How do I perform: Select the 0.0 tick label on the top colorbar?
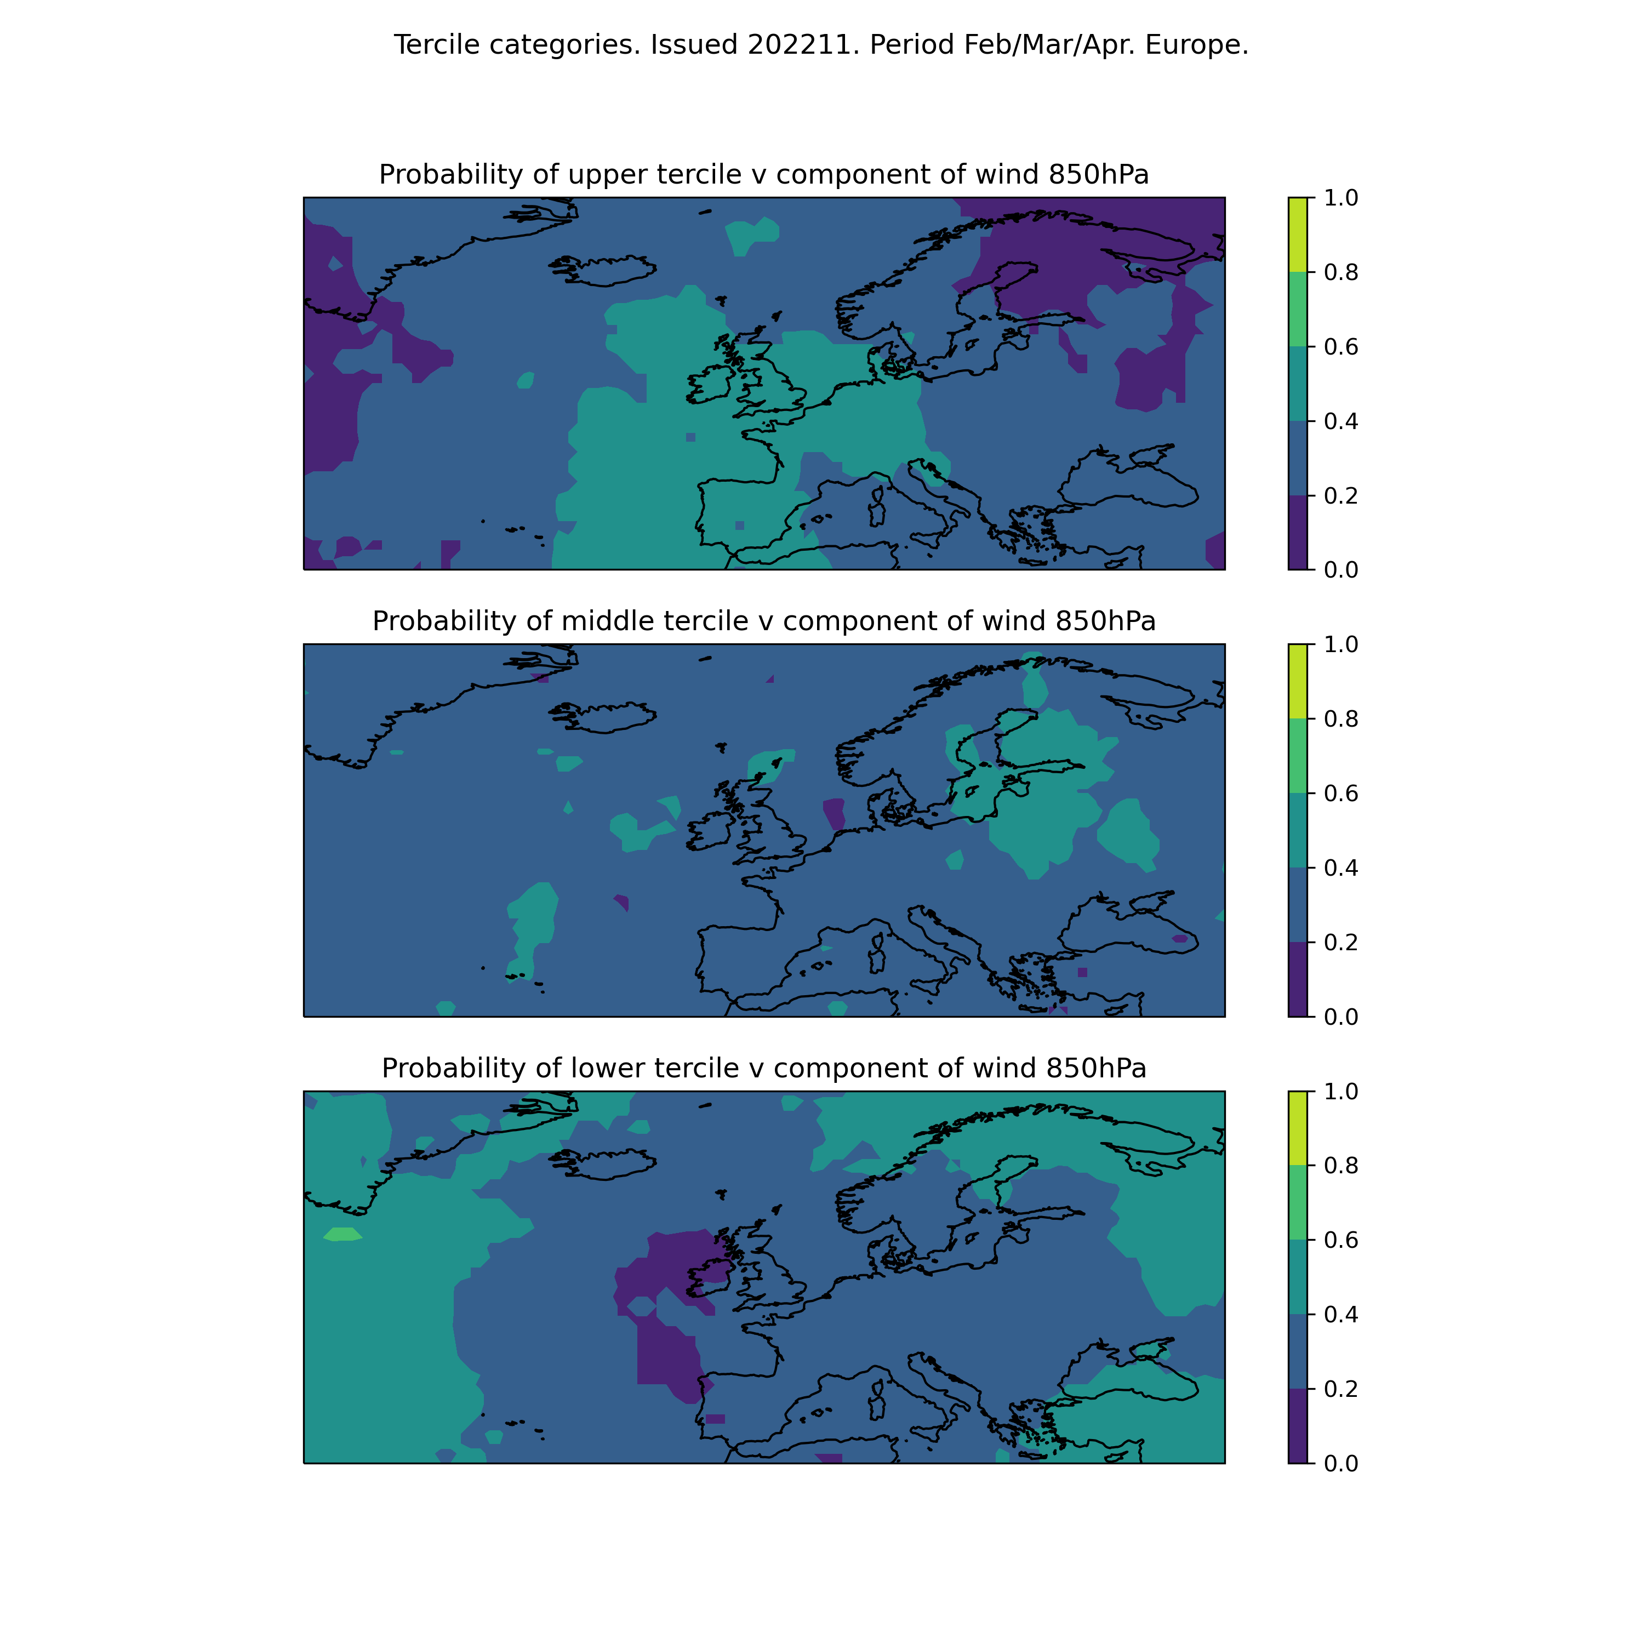pos(1341,570)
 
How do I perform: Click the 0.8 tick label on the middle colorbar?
pos(1341,719)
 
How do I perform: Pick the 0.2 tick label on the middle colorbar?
pos(1341,943)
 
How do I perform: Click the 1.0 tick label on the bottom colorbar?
pos(1341,1092)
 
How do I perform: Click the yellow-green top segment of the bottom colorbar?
pos(1298,1128)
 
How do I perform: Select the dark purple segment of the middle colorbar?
pos(1298,979)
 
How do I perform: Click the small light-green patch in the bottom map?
pos(343,1234)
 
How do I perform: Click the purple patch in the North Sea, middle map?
pos(835,813)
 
